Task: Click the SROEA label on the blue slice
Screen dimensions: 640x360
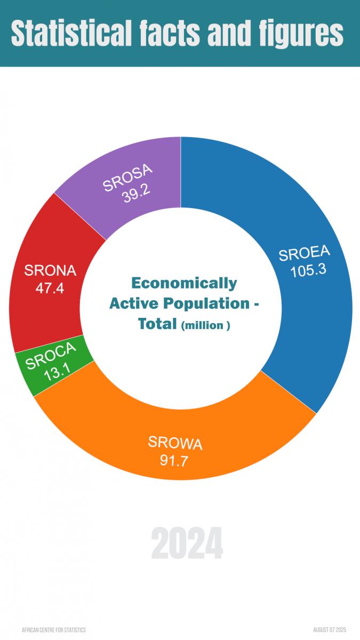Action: click(x=305, y=254)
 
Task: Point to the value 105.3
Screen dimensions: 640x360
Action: click(x=308, y=270)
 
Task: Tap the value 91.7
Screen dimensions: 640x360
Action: click(x=174, y=459)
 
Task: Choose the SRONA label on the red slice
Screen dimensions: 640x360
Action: click(x=50, y=270)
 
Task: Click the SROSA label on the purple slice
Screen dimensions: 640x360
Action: click(x=128, y=178)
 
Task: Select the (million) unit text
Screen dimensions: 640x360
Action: click(x=205, y=325)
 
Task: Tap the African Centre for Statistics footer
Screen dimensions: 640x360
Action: click(x=53, y=630)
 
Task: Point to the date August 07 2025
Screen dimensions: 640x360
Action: click(x=330, y=630)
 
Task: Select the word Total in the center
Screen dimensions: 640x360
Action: click(x=157, y=324)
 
